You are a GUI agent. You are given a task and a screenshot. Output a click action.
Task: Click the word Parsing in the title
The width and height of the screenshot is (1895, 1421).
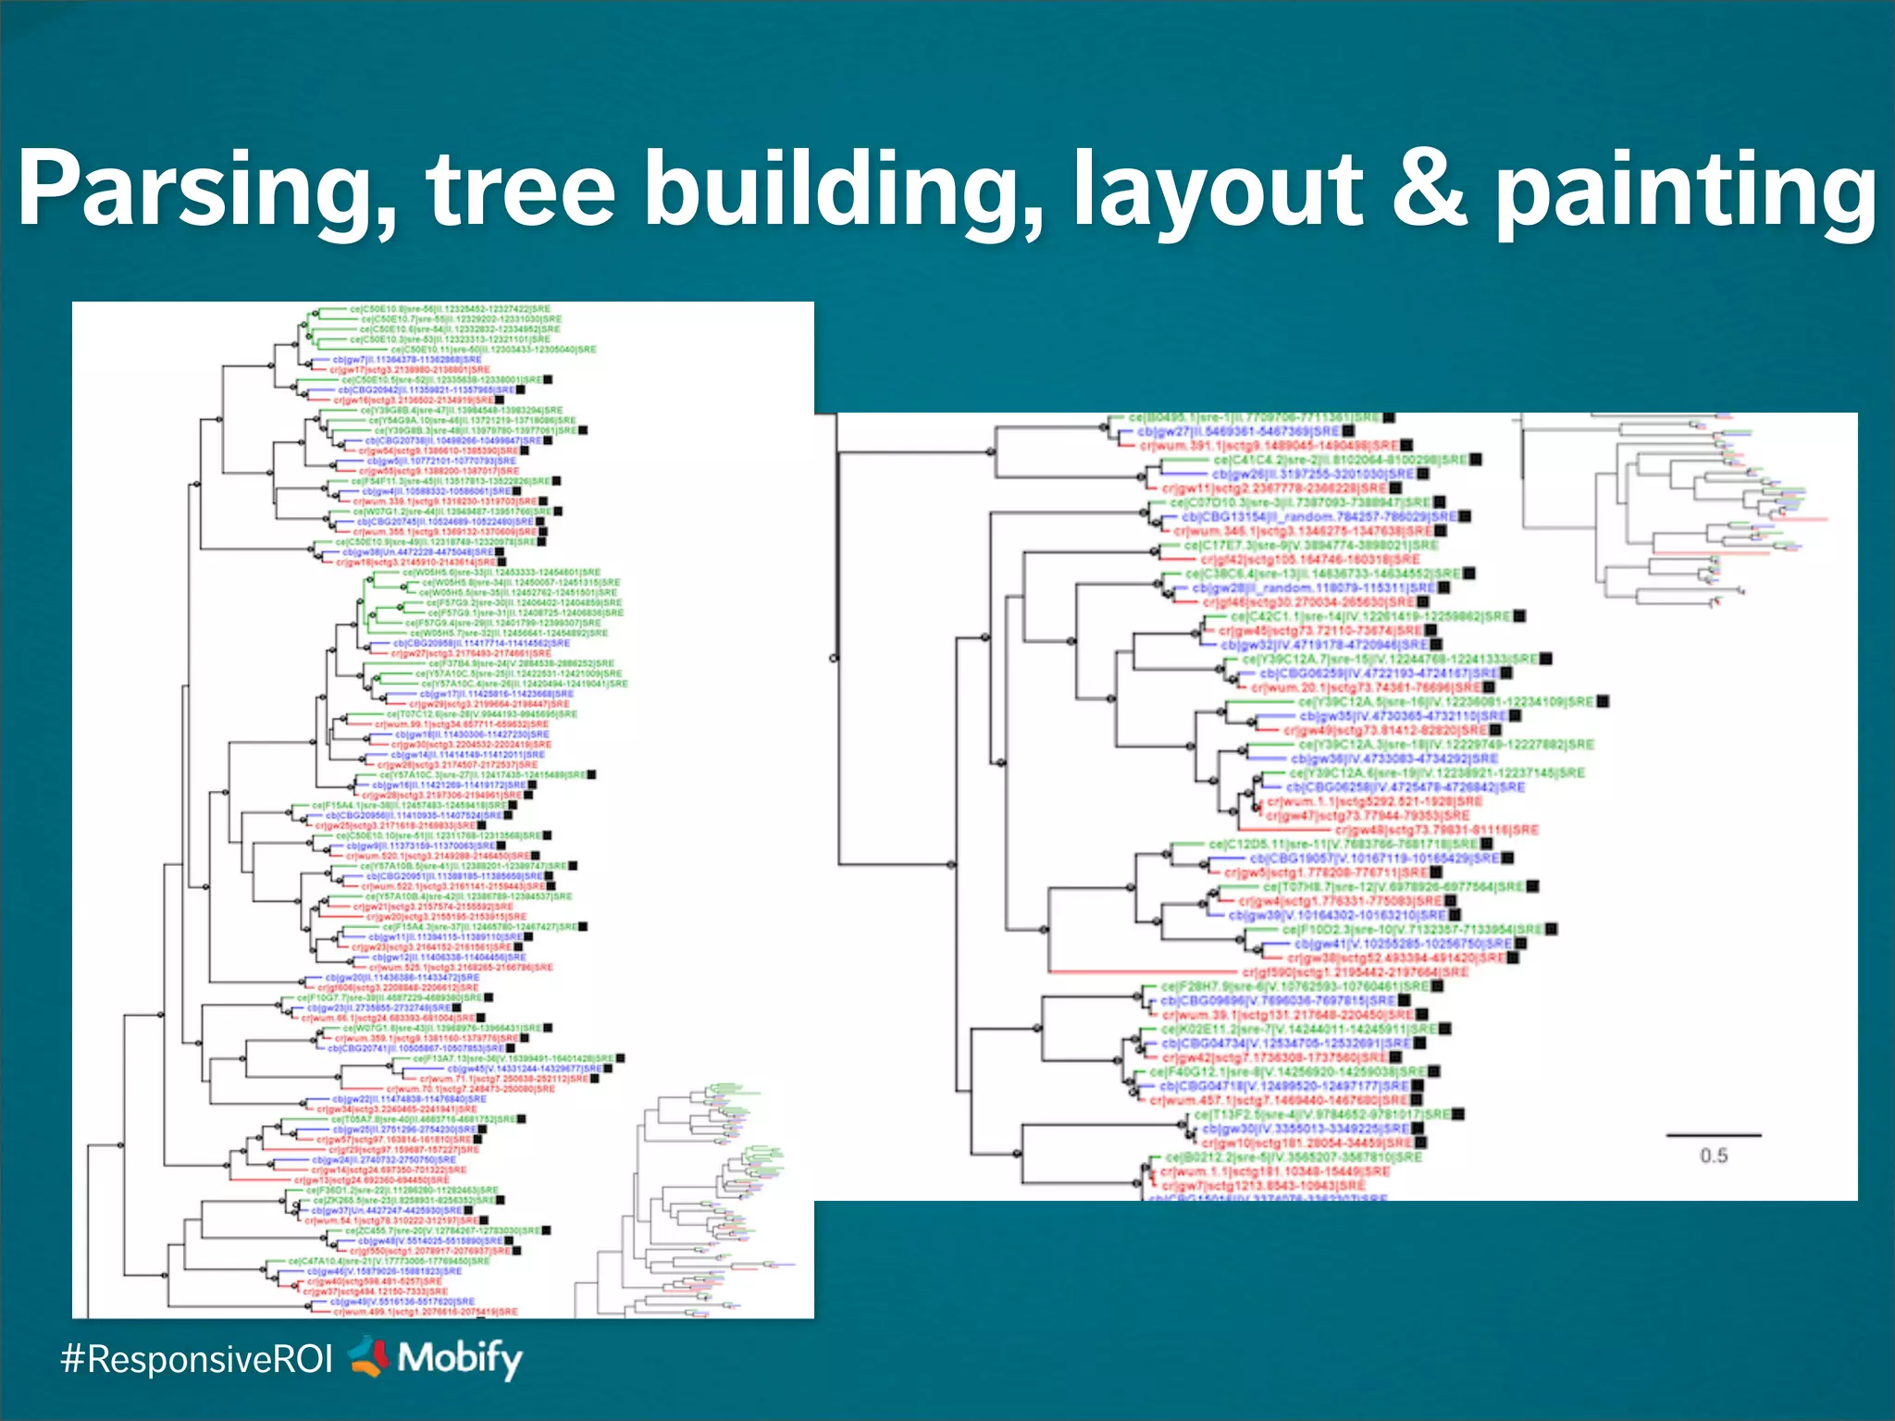pyautogui.click(x=207, y=190)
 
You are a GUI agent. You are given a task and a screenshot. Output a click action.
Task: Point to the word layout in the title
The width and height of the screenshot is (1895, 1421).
pyautogui.click(x=1217, y=190)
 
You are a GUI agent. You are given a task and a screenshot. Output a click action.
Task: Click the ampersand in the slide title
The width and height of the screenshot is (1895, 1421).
pyautogui.click(x=1430, y=190)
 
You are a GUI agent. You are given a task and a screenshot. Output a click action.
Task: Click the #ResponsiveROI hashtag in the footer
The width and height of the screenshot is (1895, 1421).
pyautogui.click(x=196, y=1359)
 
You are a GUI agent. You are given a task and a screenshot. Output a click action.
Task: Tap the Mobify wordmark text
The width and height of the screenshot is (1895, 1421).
pyautogui.click(x=460, y=1358)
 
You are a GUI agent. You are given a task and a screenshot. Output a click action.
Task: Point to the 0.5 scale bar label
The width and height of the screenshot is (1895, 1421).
pyautogui.click(x=1714, y=1155)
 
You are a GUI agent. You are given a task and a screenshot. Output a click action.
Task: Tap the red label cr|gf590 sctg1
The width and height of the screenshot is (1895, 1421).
pyautogui.click(x=1355, y=972)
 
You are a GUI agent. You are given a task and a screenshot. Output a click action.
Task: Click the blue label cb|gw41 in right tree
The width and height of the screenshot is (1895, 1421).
pyautogui.click(x=1402, y=944)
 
